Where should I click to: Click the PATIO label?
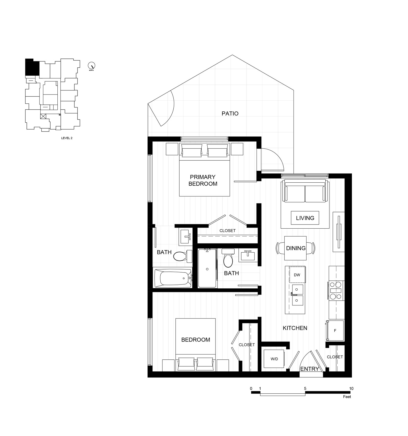tap(230, 113)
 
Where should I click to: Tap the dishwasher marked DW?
tap(297, 275)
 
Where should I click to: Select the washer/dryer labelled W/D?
tap(274, 359)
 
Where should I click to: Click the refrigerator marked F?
tap(335, 330)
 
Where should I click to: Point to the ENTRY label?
tap(310, 369)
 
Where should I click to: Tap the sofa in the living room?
tap(305, 191)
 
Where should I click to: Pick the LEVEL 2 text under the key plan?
tap(67, 138)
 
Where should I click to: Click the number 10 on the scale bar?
tap(351, 388)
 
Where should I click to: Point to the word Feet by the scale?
tap(347, 397)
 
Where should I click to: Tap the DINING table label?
tap(296, 248)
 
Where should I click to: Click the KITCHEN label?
tap(295, 328)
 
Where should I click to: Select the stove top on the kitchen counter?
tap(336, 290)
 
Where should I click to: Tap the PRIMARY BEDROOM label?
tap(203, 180)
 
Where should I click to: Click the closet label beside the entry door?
tap(335, 357)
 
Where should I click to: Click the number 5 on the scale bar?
tap(305, 388)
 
